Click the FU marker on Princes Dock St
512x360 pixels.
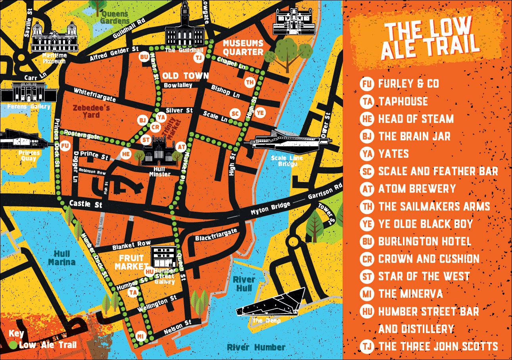[65, 146]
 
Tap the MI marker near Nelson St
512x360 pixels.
[141, 336]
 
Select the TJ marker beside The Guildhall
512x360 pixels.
[199, 57]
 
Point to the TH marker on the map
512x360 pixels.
[249, 82]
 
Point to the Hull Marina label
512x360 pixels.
[61, 258]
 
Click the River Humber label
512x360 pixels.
[256, 347]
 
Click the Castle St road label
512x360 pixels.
[86, 204]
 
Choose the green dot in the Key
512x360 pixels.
[13, 345]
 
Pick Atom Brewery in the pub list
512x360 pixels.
[417, 189]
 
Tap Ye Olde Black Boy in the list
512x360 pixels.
[425, 224]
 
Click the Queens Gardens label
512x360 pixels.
[115, 17]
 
